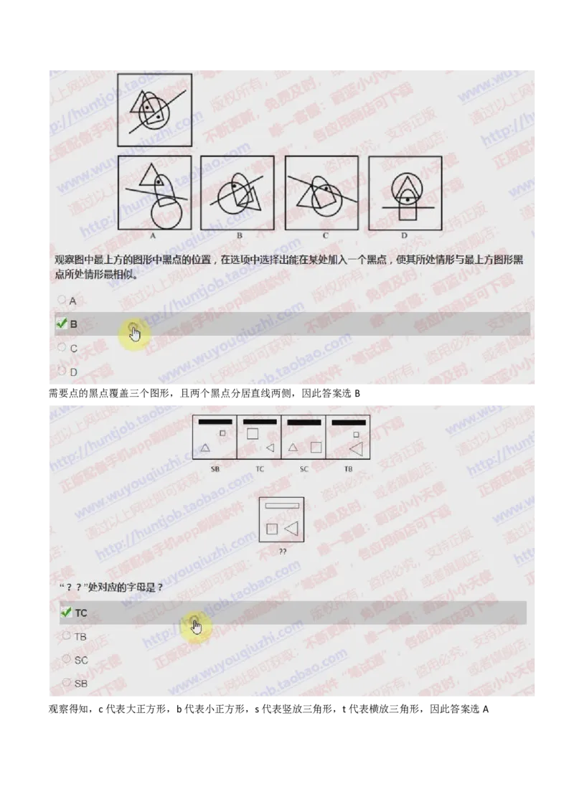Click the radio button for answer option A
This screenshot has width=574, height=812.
[x=62, y=300]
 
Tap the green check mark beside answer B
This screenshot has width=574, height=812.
[x=61, y=324]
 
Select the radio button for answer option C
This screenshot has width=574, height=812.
[x=62, y=347]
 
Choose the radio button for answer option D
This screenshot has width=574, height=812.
[x=62, y=371]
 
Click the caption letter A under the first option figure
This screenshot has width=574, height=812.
[x=154, y=235]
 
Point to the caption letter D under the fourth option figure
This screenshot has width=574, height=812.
[x=404, y=235]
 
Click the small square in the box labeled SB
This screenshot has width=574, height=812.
[x=222, y=433]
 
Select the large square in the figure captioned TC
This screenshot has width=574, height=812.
[x=253, y=433]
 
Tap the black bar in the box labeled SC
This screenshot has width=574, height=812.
[x=304, y=422]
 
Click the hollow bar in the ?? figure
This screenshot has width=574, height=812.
[x=281, y=506]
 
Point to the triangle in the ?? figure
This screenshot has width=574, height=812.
[x=291, y=529]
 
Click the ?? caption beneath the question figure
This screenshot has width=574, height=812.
[x=282, y=552]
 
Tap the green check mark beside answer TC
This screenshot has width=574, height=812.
[x=66, y=613]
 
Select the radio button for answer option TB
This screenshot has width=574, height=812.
[x=67, y=636]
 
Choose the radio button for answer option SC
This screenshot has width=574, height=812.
[x=67, y=658]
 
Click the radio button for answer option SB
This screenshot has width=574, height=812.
[x=67, y=683]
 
